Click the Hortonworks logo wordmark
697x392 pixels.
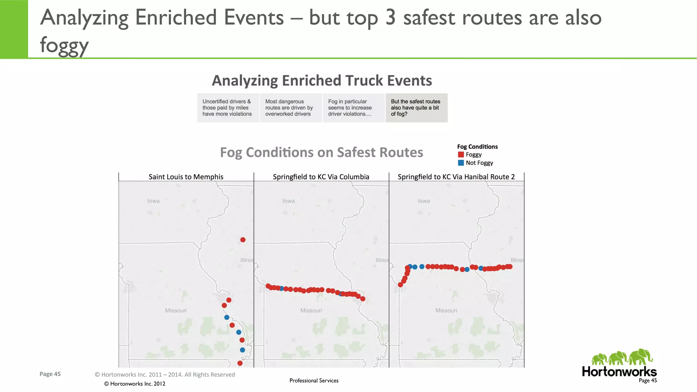pos(619,371)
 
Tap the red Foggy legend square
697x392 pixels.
pos(461,155)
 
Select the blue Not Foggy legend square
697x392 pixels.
pos(461,163)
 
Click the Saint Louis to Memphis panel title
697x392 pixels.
pos(186,177)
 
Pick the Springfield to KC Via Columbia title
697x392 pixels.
pos(321,177)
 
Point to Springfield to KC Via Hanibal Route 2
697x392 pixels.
pos(456,177)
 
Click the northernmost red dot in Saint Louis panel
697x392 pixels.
pos(243,240)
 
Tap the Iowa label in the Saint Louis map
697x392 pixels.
pos(153,201)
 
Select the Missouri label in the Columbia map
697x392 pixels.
pos(311,310)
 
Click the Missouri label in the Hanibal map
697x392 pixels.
pos(446,310)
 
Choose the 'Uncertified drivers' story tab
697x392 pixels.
pos(227,108)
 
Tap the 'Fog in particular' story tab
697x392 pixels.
pos(353,108)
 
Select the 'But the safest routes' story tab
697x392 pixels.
pos(416,108)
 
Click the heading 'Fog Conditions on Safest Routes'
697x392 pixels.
pos(322,152)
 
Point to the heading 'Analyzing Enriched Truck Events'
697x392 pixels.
pos(322,81)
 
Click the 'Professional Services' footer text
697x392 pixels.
pos(314,380)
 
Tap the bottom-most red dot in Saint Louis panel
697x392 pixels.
pos(240,363)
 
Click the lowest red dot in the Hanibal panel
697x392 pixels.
pos(400,285)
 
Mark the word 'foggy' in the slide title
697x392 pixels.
pos(64,45)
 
